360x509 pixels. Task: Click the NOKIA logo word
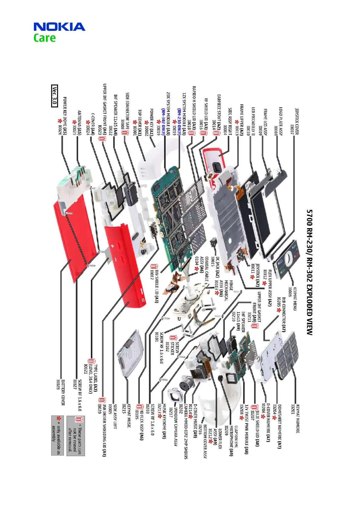[x=59, y=27]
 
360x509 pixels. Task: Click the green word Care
[x=44, y=38]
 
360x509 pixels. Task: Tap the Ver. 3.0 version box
[x=54, y=96]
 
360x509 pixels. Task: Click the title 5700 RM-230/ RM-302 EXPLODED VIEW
[x=309, y=272]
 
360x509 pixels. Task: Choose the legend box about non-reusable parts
[x=76, y=435]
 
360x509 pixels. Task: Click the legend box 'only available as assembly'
[x=57, y=435]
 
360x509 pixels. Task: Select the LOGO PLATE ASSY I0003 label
[x=278, y=121]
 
